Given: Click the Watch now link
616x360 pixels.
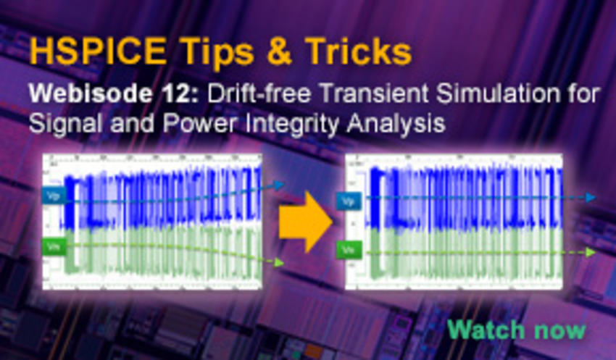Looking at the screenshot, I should click(516, 330).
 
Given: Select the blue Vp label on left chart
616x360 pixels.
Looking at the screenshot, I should click(53, 196).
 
